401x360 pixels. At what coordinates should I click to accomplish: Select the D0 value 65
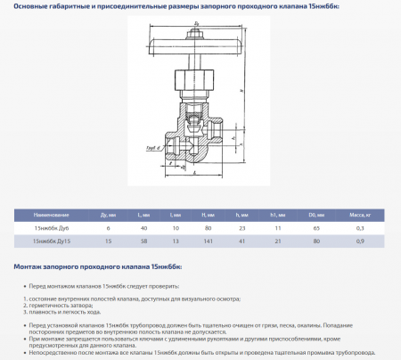(312, 229)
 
